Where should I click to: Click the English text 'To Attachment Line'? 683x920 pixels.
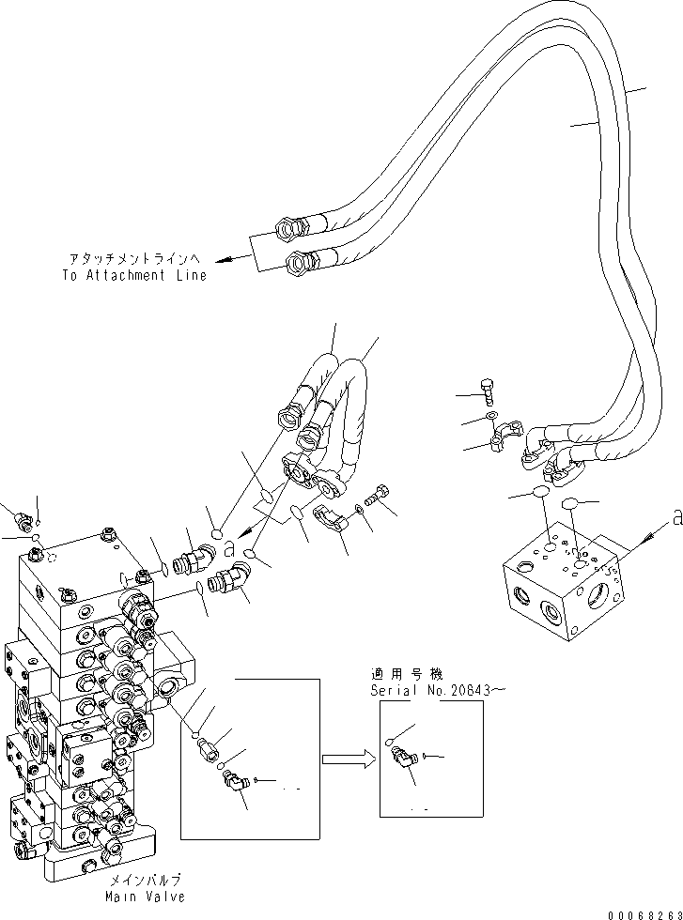(134, 275)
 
